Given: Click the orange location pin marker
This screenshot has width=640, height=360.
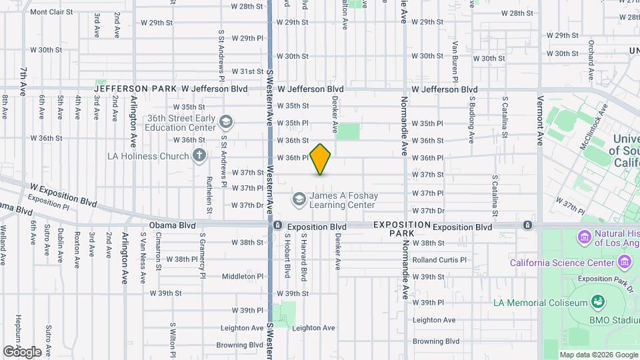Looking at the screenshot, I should pos(321,159).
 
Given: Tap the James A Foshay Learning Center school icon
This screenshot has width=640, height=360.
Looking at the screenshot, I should pos(299,199).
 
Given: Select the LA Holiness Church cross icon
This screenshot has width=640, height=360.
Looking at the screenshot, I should pos(199,157).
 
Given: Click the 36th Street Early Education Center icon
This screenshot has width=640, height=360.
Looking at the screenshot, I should pos(226,122).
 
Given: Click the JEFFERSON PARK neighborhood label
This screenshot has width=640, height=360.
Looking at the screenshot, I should pos(135,89).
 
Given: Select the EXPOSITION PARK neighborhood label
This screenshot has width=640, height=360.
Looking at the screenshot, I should pos(402,229).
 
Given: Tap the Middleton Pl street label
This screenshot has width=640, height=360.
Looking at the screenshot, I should pos(243,276).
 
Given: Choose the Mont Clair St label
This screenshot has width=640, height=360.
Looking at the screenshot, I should pos(48,12).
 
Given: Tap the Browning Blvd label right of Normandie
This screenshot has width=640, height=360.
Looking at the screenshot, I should pos(436,341).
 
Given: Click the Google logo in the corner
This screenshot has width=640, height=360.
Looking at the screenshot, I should pos(22,351).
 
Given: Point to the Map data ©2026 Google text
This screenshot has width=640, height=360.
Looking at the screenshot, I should pos(598,355).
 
